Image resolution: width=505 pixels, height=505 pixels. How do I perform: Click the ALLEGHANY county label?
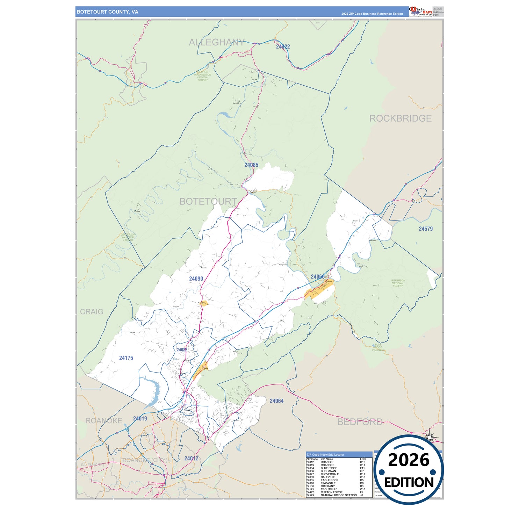coord(217,42)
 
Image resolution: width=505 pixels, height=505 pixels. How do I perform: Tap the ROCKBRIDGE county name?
coord(400,118)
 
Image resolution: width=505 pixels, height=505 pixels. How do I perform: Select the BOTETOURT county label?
coord(208,201)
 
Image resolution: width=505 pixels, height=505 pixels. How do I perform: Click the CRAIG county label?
coord(92,312)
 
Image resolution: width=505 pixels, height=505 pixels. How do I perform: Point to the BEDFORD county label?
coord(360,422)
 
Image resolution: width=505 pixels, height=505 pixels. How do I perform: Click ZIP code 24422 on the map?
coord(283,46)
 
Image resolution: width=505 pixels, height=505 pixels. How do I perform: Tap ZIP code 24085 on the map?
coord(251,165)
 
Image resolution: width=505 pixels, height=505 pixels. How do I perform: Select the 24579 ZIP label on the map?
coord(426,229)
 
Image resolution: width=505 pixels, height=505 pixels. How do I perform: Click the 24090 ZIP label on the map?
coord(196,279)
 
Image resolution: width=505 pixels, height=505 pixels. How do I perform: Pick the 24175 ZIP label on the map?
coord(126,358)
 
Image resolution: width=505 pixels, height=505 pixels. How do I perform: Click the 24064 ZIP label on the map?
coord(276,401)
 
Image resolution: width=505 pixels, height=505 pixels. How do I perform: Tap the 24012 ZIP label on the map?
coord(191,459)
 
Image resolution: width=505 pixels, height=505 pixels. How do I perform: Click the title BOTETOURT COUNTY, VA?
coord(107,12)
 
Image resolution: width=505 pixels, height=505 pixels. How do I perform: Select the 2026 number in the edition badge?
coord(409,460)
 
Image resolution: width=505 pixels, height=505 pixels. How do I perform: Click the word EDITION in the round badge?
coord(409,483)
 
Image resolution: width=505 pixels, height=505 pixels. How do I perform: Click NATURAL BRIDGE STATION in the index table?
coord(338,495)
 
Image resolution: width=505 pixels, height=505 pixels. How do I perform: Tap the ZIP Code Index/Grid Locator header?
coord(325,455)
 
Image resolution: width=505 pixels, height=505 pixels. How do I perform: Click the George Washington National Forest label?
coord(202,76)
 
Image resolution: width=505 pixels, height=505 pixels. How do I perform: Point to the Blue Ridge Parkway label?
coord(378,347)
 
